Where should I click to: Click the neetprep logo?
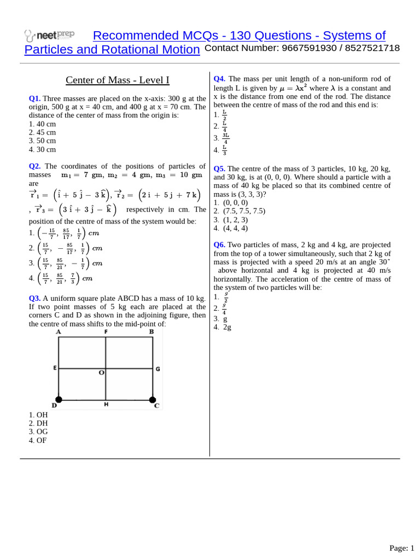tap(49, 36)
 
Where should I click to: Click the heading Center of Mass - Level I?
tap(118, 80)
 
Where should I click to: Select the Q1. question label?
tap(34, 98)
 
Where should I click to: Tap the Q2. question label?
tap(34, 166)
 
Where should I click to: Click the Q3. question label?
tap(34, 299)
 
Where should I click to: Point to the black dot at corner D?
tap(59, 399)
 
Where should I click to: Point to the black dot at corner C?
tap(153, 399)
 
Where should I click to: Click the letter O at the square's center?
tap(101, 373)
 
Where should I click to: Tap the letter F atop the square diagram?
tap(106, 331)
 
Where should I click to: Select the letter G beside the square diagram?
tap(158, 369)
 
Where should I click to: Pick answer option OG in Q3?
tap(38, 431)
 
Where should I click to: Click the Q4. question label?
tap(219, 79)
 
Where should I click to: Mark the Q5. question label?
tap(219, 168)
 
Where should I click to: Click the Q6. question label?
tap(219, 245)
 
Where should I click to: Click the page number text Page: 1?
tap(401, 548)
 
